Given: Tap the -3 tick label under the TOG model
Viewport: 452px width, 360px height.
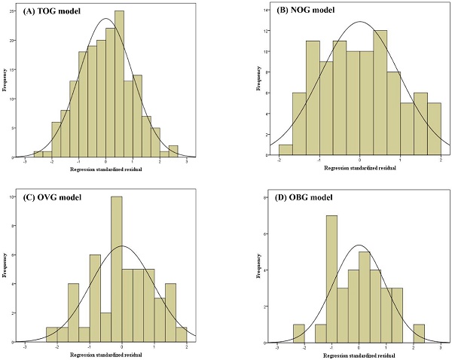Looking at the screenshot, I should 25,163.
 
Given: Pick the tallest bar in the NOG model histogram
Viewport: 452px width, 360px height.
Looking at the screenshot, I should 380,90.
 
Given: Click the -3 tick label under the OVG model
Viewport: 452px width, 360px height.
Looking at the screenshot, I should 25,348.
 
